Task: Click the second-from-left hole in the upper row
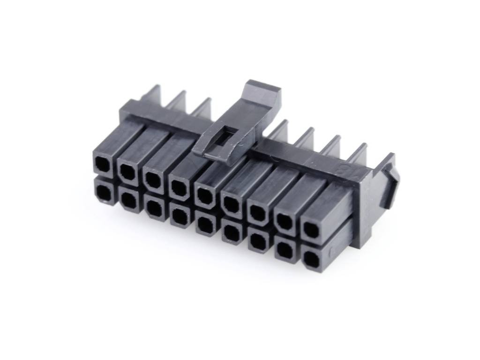127,171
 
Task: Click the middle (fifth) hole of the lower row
205,224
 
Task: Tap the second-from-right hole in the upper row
283,221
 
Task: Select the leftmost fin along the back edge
153,94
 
